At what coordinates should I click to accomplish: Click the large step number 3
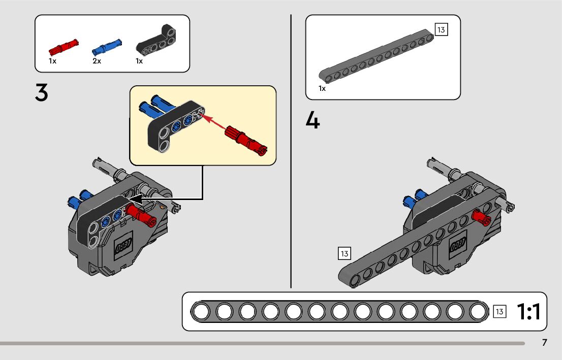[x=42, y=92]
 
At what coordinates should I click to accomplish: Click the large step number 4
[x=313, y=120]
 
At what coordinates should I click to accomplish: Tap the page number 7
[x=544, y=342]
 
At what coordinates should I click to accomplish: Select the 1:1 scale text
[x=528, y=311]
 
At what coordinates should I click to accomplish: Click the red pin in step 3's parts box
[x=64, y=47]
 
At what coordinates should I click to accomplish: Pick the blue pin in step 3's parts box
[x=107, y=47]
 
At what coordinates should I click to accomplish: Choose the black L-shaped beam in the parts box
[x=157, y=41]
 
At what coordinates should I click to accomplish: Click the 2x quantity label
[x=97, y=61]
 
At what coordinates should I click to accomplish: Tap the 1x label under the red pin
[x=53, y=61]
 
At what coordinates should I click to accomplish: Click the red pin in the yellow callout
[x=246, y=141]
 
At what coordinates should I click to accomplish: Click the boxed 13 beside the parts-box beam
[x=441, y=30]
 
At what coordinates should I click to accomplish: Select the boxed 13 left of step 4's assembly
[x=345, y=253]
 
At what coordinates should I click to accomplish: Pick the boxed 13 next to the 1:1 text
[x=499, y=312]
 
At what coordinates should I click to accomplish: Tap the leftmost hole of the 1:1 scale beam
[x=202, y=312]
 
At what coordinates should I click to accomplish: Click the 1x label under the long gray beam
[x=322, y=88]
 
